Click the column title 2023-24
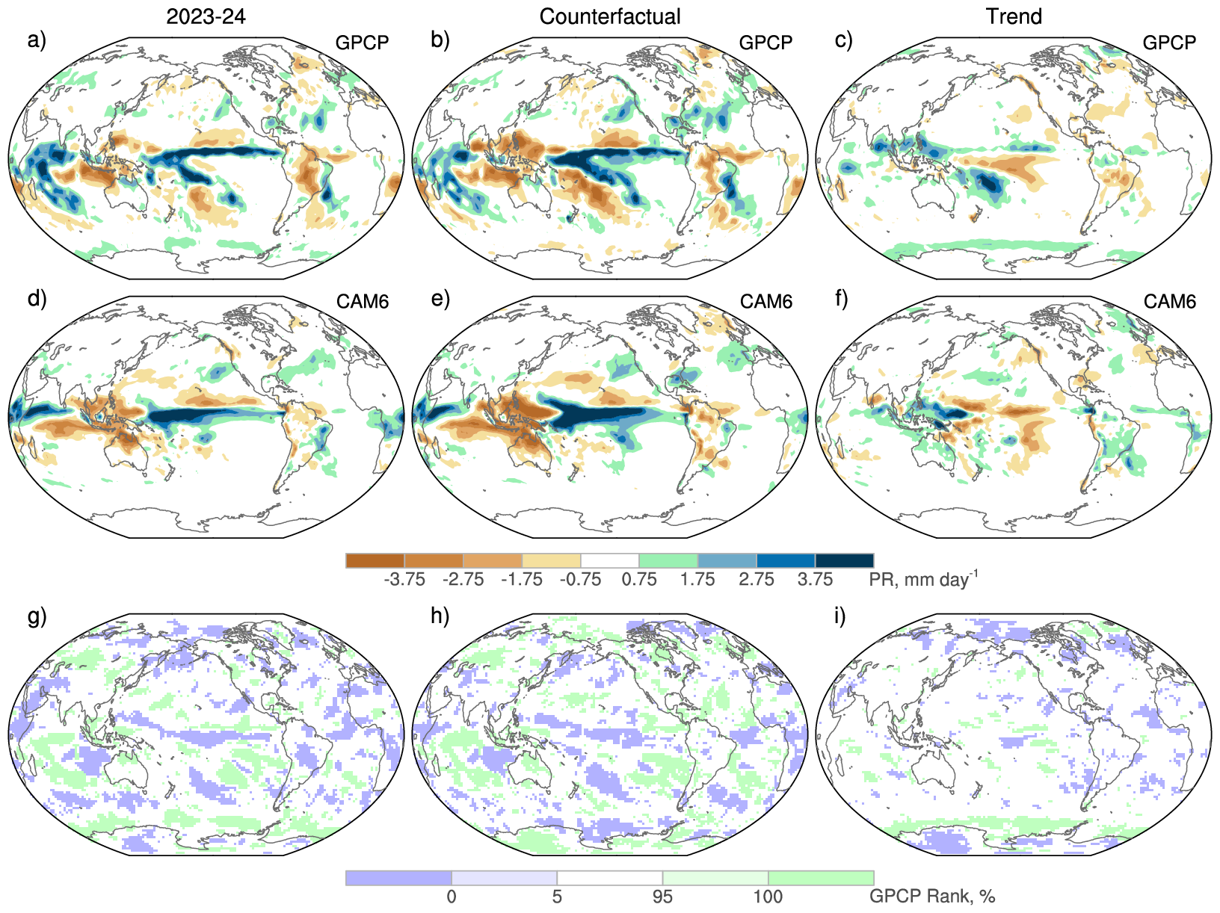206,16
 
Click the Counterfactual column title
610,16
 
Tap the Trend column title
1014,16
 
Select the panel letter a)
37,40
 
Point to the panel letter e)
440,299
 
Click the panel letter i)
840,616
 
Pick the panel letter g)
37,616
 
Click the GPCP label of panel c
1169,43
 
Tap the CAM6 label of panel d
363,302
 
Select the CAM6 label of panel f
1170,302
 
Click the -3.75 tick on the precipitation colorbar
404,580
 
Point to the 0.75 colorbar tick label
639,580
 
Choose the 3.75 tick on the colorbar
815,580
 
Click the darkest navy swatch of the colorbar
844,560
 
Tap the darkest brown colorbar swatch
375,560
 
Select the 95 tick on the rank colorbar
662,897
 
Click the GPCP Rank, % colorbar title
931,897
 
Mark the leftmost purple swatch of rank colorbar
398,878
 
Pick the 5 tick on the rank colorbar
557,897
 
